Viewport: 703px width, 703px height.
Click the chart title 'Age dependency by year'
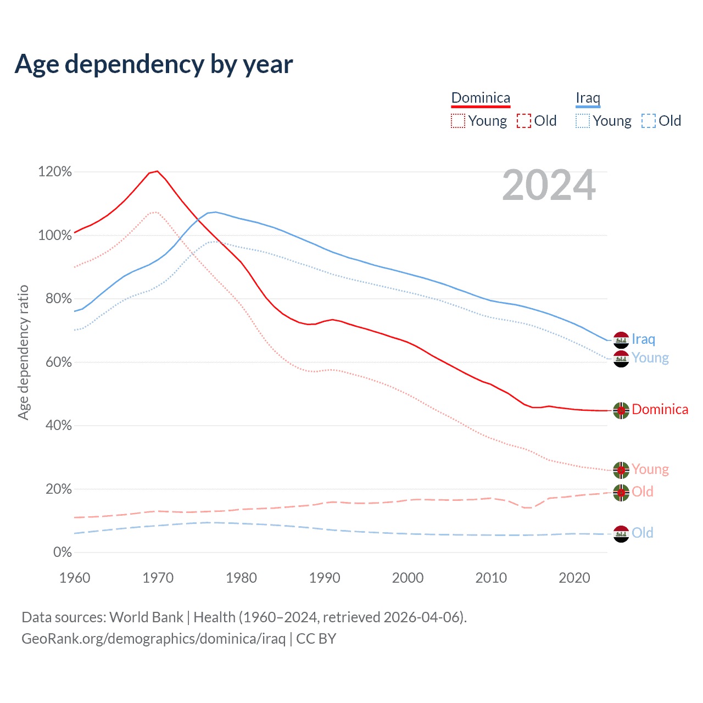154,64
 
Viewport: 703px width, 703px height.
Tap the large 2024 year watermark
549,186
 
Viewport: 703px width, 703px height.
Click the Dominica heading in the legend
481,98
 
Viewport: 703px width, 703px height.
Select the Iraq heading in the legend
588,98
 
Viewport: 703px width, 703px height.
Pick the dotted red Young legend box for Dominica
457,121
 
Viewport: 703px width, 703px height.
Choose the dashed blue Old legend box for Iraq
649,121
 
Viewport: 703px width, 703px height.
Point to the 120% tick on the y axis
55,172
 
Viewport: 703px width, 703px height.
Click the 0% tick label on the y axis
62,553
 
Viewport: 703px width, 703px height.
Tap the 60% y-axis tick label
58,362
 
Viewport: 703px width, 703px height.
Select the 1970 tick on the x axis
158,578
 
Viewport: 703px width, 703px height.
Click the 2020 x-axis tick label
574,578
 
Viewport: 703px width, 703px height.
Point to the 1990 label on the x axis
325,578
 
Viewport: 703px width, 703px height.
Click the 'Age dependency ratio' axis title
23,352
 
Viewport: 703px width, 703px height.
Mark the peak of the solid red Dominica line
157,171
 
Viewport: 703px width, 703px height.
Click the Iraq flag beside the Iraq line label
621,340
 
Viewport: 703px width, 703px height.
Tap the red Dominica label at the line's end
660,410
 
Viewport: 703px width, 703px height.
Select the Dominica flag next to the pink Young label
621,470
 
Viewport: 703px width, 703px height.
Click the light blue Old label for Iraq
642,533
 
